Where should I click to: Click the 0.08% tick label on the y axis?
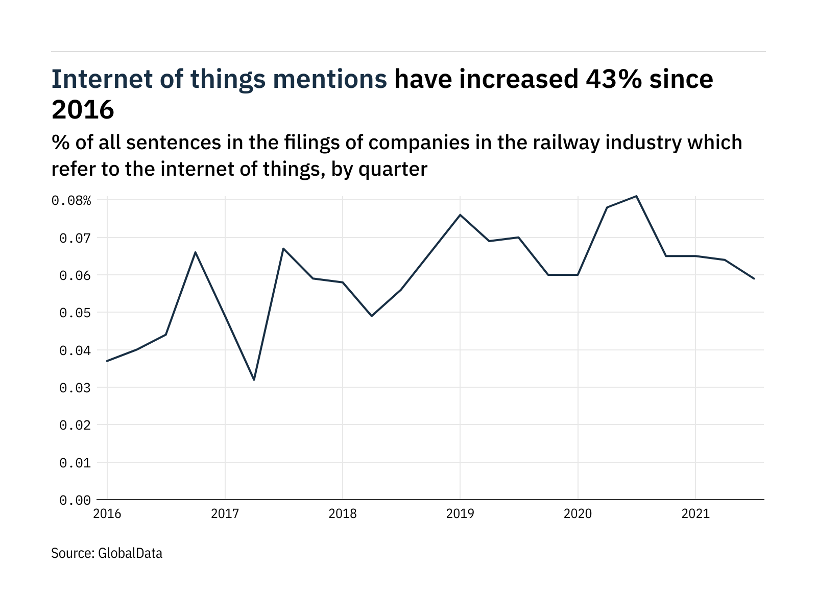click(71, 200)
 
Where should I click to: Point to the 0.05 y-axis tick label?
click(75, 313)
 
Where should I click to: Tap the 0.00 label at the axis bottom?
click(75, 500)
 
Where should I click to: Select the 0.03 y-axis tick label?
click(75, 388)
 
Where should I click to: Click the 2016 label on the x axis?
click(107, 513)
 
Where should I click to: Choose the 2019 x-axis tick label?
click(460, 513)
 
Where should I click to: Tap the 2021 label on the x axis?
click(695, 513)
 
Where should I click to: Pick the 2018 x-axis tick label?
click(343, 513)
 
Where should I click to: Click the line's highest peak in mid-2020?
click(636, 196)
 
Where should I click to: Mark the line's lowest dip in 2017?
click(254, 380)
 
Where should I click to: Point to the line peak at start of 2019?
click(460, 215)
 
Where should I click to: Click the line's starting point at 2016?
click(107, 361)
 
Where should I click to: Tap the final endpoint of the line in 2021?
click(754, 278)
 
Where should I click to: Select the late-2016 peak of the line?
click(196, 252)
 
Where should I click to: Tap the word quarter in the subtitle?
click(393, 169)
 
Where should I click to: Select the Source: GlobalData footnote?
click(107, 553)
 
